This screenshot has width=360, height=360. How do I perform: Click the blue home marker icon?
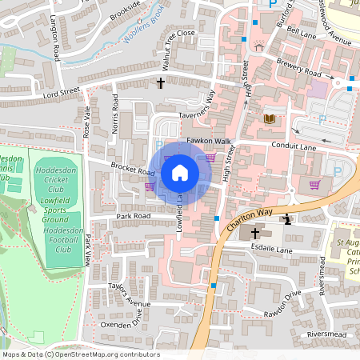click(180, 172)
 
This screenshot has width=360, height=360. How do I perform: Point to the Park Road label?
click(133, 216)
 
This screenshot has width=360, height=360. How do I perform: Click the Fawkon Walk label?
click(209, 141)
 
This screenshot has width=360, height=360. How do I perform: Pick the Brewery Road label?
click(299, 72)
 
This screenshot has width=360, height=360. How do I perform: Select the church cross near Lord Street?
click(160, 82)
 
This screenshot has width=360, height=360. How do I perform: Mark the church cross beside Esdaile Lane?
click(255, 234)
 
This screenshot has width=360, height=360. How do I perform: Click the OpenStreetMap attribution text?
click(80, 354)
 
